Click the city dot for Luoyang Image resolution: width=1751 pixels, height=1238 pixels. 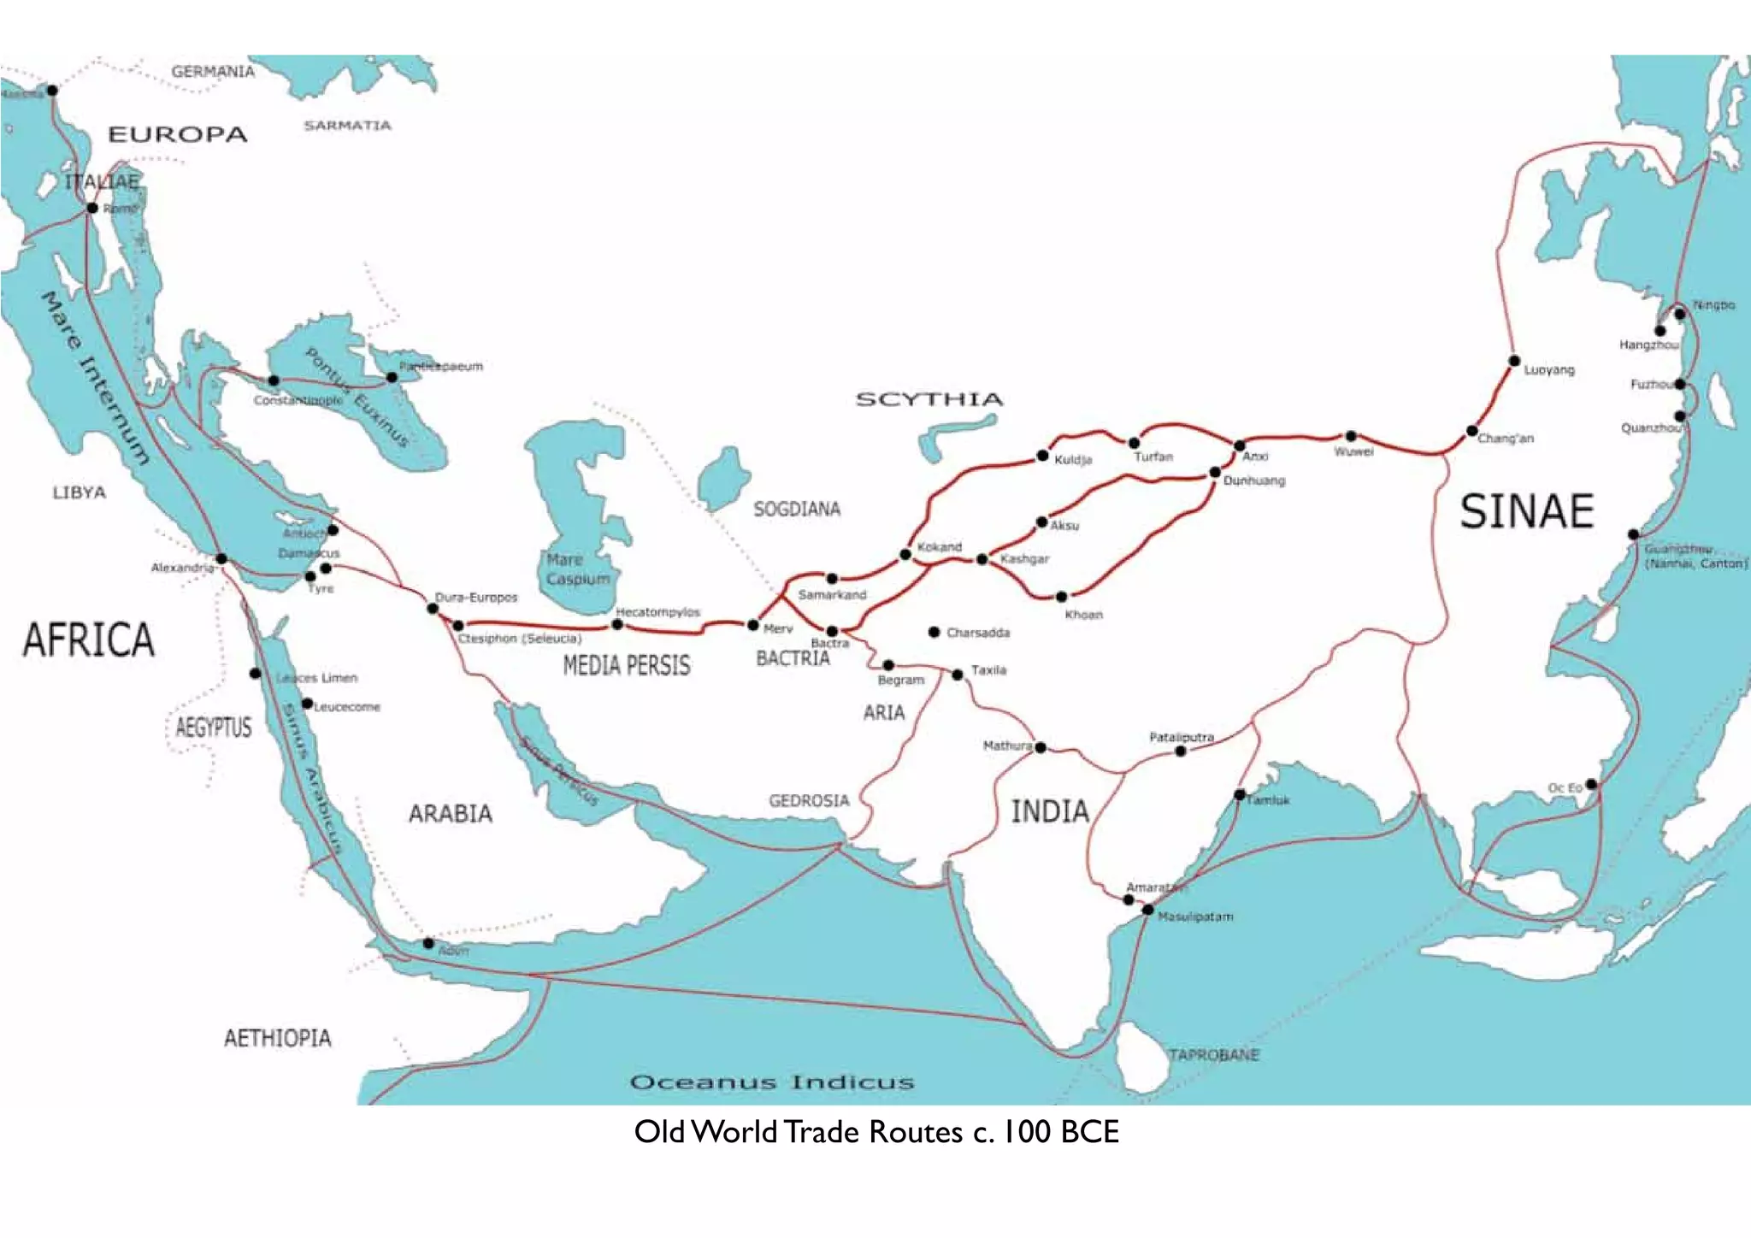[1513, 361]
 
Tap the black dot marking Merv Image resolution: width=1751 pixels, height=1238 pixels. [753, 625]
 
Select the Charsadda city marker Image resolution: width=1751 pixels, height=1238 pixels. [934, 632]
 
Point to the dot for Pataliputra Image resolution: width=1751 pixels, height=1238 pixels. [1181, 751]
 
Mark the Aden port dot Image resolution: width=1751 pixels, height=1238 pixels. [428, 943]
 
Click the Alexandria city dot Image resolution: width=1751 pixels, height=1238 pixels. [221, 559]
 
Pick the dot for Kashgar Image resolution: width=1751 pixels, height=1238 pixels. [982, 559]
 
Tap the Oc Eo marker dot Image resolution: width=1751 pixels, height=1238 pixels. [1590, 784]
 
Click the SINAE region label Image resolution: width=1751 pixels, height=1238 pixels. [1526, 511]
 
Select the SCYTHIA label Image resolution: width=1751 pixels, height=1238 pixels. [929, 399]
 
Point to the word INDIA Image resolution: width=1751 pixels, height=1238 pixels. [1050, 811]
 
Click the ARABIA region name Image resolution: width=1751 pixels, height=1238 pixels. [451, 813]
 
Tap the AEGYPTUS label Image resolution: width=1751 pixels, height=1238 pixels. [214, 728]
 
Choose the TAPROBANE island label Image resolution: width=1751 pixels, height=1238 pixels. [1213, 1055]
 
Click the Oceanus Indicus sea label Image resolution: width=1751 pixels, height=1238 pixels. [772, 1082]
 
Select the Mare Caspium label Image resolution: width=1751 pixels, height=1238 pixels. [578, 569]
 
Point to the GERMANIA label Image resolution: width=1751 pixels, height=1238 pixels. [213, 72]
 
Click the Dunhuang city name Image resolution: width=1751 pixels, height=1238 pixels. [1254, 481]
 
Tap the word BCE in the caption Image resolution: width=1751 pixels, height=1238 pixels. [1089, 1132]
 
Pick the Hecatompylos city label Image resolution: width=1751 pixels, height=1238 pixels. [657, 612]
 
